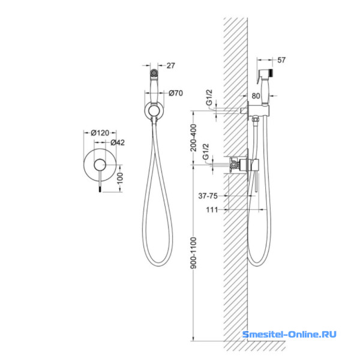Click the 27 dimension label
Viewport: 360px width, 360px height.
click(170, 65)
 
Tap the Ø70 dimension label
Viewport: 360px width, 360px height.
click(176, 93)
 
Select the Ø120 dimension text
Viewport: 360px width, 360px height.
click(100, 133)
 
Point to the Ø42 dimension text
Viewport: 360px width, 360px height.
click(118, 143)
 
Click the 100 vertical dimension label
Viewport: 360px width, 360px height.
click(120, 178)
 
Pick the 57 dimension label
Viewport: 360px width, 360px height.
click(281, 60)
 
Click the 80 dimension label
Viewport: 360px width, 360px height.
click(256, 96)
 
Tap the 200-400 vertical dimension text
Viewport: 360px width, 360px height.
click(194, 138)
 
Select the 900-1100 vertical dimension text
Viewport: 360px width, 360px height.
click(194, 253)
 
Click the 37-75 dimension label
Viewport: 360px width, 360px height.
click(208, 196)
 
